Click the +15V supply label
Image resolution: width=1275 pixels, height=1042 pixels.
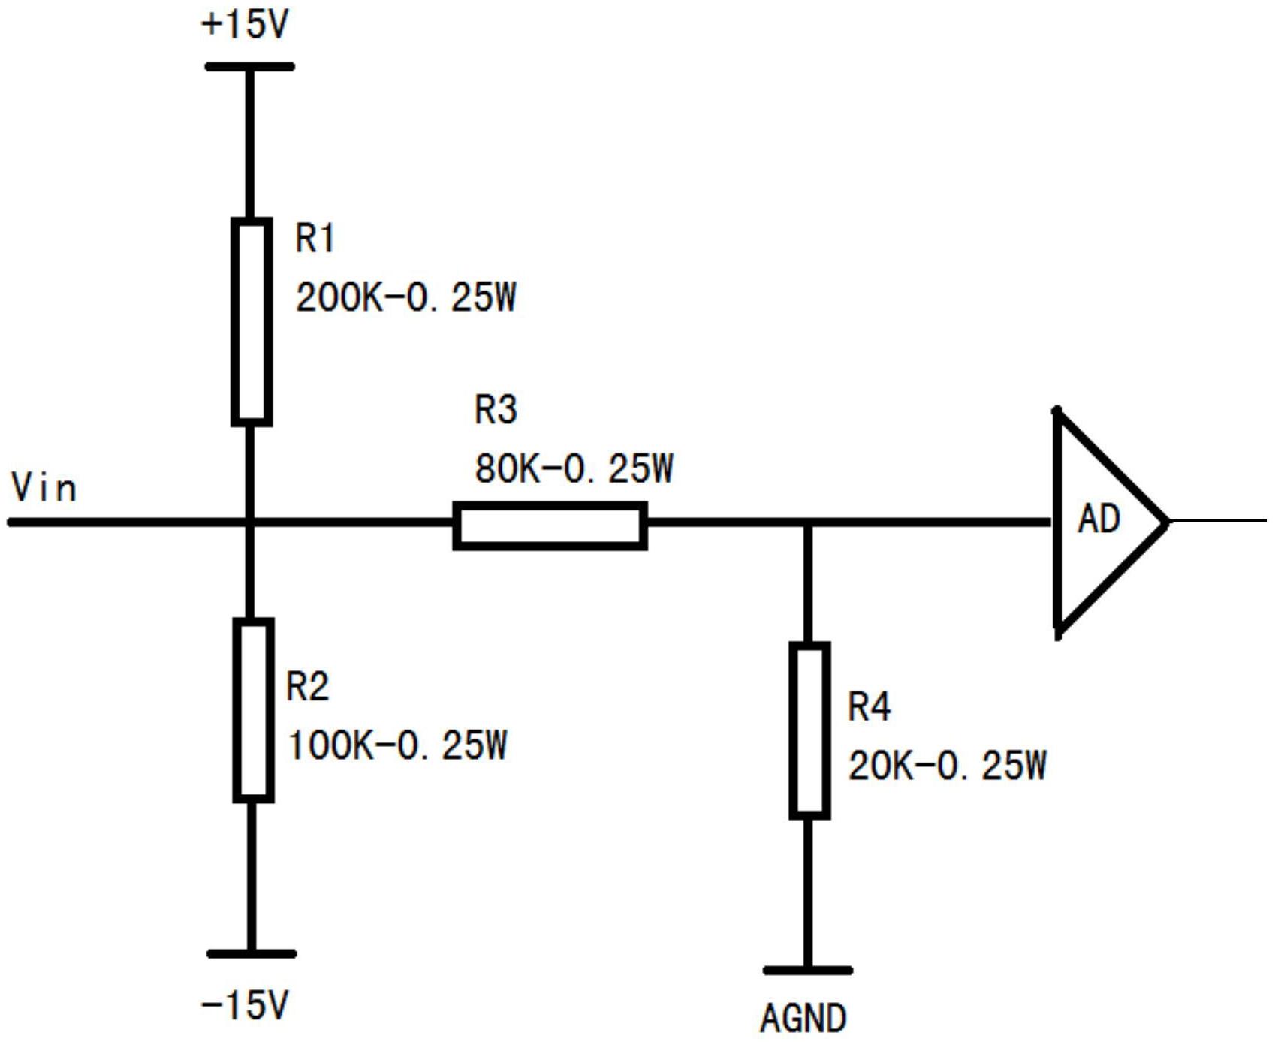tap(245, 24)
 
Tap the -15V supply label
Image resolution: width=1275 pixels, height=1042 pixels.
tap(245, 1004)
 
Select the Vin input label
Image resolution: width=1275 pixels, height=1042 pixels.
tap(44, 487)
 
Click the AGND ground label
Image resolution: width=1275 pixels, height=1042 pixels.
tap(803, 1018)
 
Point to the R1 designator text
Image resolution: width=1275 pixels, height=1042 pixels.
tap(315, 239)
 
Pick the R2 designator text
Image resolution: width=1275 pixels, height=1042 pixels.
tap(308, 686)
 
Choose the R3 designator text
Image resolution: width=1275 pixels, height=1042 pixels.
tap(496, 410)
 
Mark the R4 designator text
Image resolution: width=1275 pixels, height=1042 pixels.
tap(870, 706)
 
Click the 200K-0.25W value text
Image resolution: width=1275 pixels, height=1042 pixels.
tap(406, 297)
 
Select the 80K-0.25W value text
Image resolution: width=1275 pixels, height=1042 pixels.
tap(574, 468)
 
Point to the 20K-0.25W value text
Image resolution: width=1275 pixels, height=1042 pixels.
tap(948, 766)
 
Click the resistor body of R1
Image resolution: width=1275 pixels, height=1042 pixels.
tap(251, 322)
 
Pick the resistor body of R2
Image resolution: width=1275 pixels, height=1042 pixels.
tap(253, 710)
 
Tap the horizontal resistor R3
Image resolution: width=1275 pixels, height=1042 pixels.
tap(550, 526)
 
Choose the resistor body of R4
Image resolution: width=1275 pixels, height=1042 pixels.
tap(809, 730)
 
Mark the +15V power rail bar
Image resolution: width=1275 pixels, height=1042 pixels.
tap(249, 67)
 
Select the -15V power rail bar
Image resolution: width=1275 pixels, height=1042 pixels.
tap(252, 954)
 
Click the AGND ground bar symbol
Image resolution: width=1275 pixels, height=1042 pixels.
tap(808, 971)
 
